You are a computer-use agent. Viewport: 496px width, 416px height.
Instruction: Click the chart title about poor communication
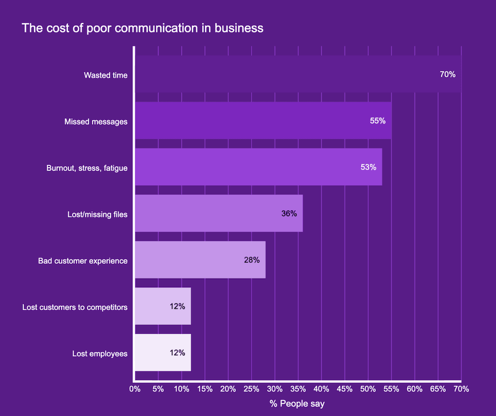click(x=142, y=28)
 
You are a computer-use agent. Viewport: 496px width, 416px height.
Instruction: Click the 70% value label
click(x=448, y=74)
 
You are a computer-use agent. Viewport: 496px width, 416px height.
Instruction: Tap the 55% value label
click(x=378, y=120)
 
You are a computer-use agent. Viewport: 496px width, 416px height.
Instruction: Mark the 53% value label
click(x=368, y=167)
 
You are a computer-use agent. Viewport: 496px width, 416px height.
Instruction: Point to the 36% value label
click(x=289, y=213)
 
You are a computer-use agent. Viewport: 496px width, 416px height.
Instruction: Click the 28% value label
click(x=252, y=259)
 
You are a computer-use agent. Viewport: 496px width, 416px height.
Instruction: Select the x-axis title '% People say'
click(x=297, y=404)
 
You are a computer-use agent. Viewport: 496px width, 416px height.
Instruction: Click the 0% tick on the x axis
click(x=134, y=389)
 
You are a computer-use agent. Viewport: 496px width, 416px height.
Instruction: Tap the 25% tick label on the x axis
click(x=251, y=389)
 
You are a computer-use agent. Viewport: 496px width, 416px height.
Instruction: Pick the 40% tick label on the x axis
click(x=321, y=389)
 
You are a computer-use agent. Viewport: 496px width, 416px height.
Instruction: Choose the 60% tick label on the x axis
click(x=414, y=389)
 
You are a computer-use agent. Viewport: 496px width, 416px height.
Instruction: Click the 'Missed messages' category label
click(x=96, y=121)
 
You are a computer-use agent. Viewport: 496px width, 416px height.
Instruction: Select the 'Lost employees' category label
click(x=100, y=353)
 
